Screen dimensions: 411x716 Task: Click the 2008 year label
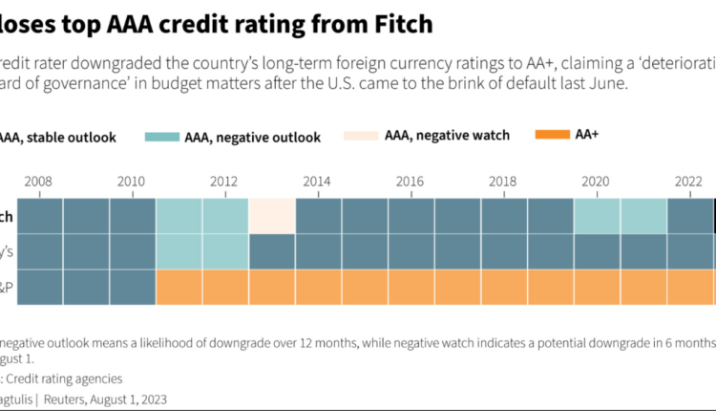click(40, 182)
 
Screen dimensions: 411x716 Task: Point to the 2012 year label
click(224, 182)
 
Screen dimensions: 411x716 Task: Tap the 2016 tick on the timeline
click(410, 182)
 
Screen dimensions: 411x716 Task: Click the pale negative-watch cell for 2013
click(272, 216)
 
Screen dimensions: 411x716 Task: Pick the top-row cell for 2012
click(225, 216)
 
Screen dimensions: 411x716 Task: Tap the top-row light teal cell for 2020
click(597, 216)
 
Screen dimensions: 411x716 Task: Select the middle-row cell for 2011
click(179, 251)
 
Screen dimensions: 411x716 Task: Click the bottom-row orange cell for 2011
click(179, 286)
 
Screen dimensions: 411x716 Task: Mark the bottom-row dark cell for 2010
click(133, 286)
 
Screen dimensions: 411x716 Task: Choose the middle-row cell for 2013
click(272, 251)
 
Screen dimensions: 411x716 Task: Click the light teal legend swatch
click(168, 137)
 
